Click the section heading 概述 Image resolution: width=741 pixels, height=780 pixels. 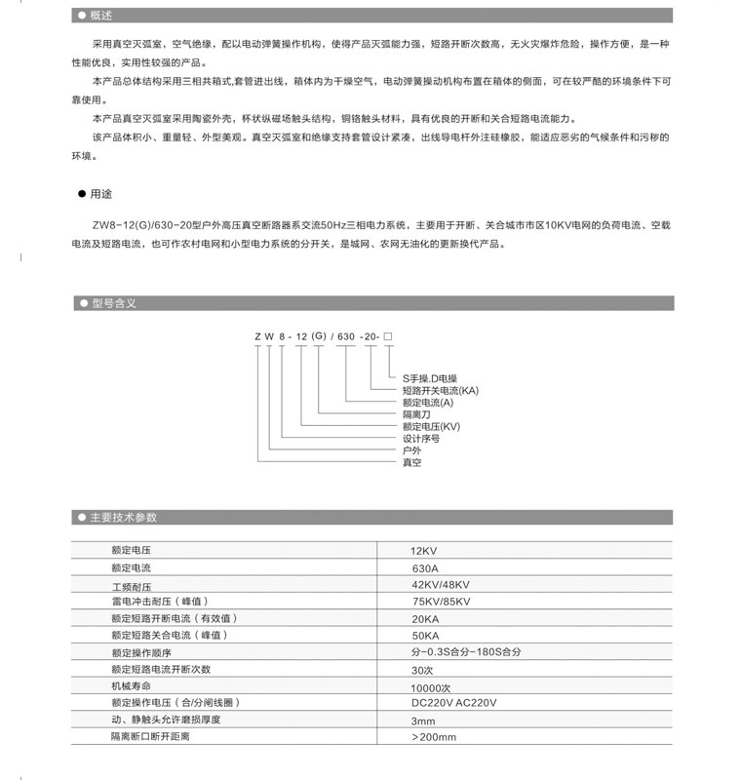tap(100, 16)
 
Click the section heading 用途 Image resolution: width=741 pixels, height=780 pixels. tap(100, 193)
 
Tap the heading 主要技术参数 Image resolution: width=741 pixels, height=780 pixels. tap(123, 518)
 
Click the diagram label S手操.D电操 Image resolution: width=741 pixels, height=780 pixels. tap(430, 377)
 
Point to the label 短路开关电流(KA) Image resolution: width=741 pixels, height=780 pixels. tap(440, 390)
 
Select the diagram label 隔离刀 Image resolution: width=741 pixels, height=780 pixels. tap(416, 414)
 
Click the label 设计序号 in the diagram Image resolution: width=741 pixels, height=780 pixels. tap(421, 439)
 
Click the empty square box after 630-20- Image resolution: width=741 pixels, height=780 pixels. tap(388, 336)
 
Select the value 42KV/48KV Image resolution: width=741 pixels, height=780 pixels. tap(441, 585)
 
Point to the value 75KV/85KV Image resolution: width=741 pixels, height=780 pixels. tap(441, 602)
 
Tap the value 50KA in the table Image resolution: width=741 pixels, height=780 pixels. tap(425, 635)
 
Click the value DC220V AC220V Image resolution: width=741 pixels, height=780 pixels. tap(453, 703)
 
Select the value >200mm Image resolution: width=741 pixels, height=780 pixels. tap(435, 737)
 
